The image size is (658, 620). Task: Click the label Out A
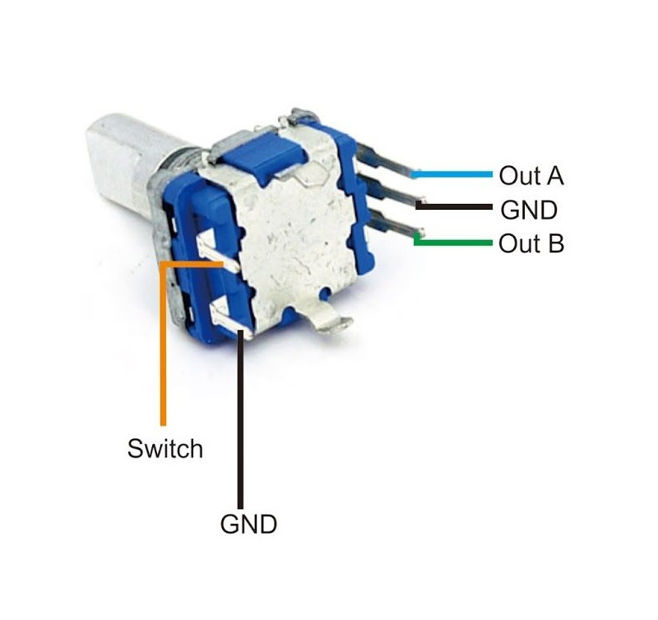[x=531, y=175]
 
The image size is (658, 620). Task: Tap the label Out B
[x=531, y=243]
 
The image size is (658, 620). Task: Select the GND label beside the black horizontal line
[x=529, y=210]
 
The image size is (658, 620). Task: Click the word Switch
[x=165, y=448]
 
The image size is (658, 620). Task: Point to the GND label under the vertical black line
[x=248, y=524]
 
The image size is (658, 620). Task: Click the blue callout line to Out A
[x=452, y=174]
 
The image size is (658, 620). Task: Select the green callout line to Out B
[x=452, y=243]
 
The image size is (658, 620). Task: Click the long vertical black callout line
[x=240, y=419]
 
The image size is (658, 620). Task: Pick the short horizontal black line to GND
[x=454, y=206]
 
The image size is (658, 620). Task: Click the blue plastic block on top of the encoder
[x=263, y=158]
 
